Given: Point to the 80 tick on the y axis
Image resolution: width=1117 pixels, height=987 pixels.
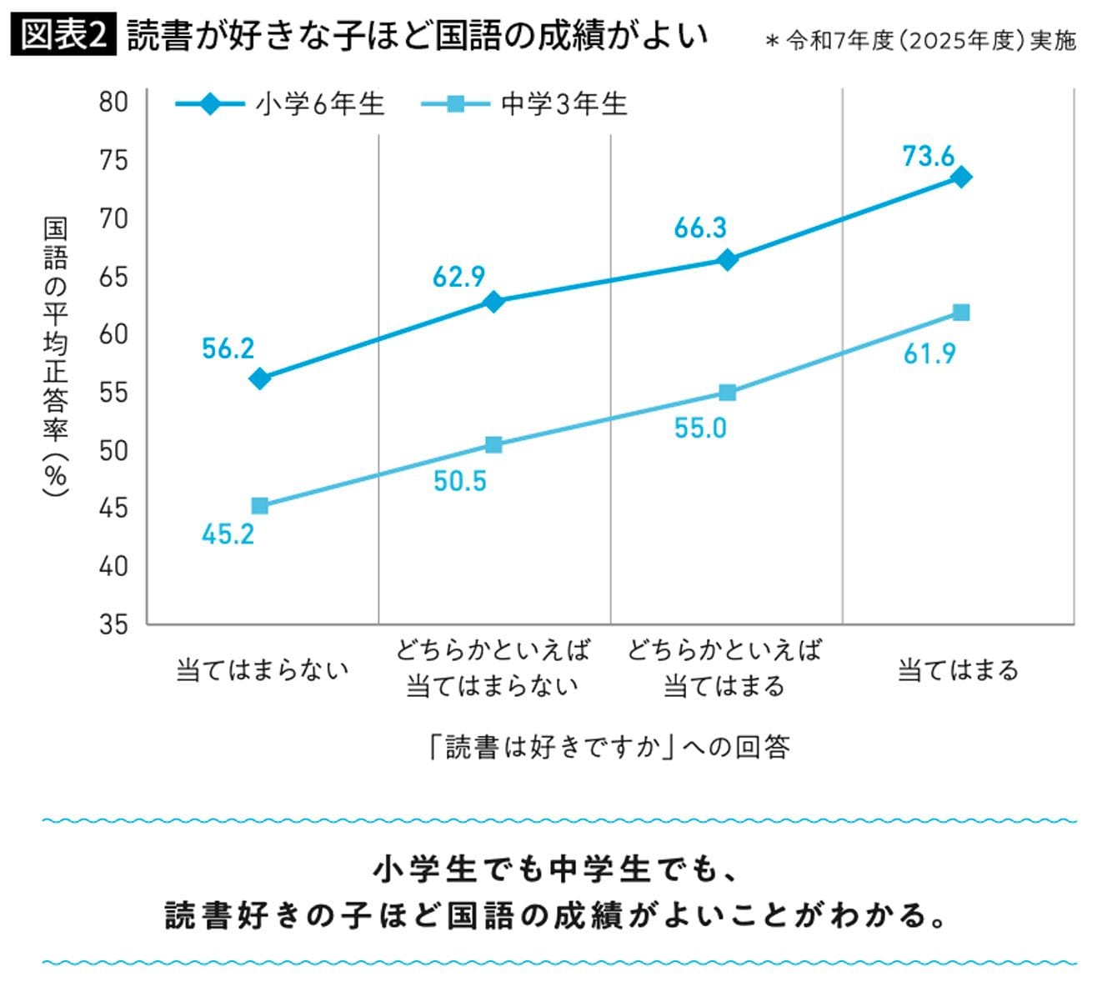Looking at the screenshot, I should (x=113, y=102).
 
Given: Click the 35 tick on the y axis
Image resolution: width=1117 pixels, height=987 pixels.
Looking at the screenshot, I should (x=113, y=624).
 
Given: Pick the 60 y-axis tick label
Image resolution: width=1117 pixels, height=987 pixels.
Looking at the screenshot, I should (x=113, y=334).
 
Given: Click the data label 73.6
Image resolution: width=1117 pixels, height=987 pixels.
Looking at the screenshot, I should (x=928, y=156).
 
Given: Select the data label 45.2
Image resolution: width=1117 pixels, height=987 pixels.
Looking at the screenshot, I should (x=228, y=534).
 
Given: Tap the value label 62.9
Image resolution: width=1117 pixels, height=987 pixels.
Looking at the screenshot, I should (x=458, y=277).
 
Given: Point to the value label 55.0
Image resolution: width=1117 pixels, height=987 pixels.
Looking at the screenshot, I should (x=700, y=428).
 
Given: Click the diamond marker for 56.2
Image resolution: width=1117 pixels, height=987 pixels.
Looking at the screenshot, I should (x=260, y=379).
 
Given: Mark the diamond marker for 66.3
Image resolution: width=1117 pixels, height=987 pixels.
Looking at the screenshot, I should (x=727, y=259).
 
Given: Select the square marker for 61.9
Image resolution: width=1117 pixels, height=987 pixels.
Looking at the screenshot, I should (x=960, y=313).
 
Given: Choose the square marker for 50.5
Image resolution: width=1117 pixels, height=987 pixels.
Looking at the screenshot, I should (x=493, y=444).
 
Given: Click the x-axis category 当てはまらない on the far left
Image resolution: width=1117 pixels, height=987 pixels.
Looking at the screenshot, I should (x=262, y=670).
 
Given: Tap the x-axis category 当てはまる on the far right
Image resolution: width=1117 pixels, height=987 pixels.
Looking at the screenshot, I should (x=958, y=670).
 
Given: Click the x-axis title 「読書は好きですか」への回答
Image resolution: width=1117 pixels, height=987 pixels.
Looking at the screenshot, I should (x=609, y=746).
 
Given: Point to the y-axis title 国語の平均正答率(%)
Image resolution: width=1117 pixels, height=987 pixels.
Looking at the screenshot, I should (x=56, y=358).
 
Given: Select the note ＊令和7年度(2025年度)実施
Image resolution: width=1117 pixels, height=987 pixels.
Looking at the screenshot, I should (x=920, y=41).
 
